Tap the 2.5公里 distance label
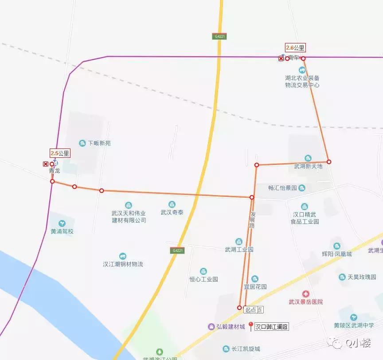[x=60, y=153]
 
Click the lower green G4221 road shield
[x=177, y=250]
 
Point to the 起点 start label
[x=254, y=310]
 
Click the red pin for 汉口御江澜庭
[x=251, y=326]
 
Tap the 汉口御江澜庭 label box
[x=272, y=327]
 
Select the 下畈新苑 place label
[x=99, y=143]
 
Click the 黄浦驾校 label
[x=62, y=231]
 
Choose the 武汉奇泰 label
[x=172, y=212]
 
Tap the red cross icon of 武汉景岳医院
[x=305, y=293]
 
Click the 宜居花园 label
[x=255, y=287]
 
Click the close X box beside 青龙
[x=45, y=164]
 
